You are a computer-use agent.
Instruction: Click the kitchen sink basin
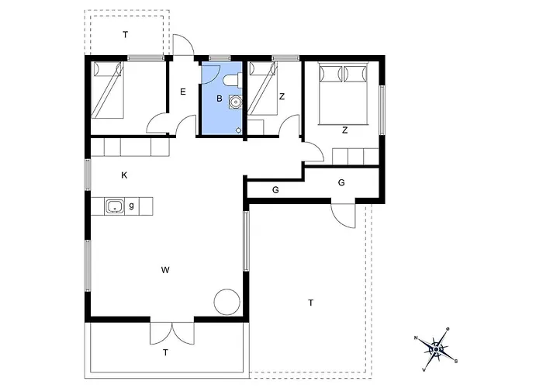pos(114,206)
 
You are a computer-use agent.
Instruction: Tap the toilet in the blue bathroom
pos(233,80)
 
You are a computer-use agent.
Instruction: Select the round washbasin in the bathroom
pos(236,102)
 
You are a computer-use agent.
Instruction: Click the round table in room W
pos(227,302)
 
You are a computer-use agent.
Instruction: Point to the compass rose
pos(436,349)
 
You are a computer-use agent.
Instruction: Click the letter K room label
pos(124,175)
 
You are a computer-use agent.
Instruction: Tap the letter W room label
pos(165,270)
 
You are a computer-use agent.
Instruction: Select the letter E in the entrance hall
pos(183,92)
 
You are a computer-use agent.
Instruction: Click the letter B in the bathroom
pos(220,99)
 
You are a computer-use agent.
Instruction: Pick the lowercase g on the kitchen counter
pos(132,206)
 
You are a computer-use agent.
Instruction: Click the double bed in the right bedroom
pos(343,93)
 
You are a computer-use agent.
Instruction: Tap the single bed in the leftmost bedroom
pos(107,90)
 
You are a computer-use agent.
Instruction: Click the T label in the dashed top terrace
pos(126,35)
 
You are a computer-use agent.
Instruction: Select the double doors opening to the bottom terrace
pos(172,333)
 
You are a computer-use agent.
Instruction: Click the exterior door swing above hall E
pos(183,45)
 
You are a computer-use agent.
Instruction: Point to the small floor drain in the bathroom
pos(239,130)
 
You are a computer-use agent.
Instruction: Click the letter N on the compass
pos(416,338)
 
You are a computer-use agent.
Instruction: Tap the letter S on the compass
pos(456,361)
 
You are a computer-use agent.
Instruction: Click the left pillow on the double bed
pos(330,74)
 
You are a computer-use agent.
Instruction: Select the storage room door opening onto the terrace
pos(343,216)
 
